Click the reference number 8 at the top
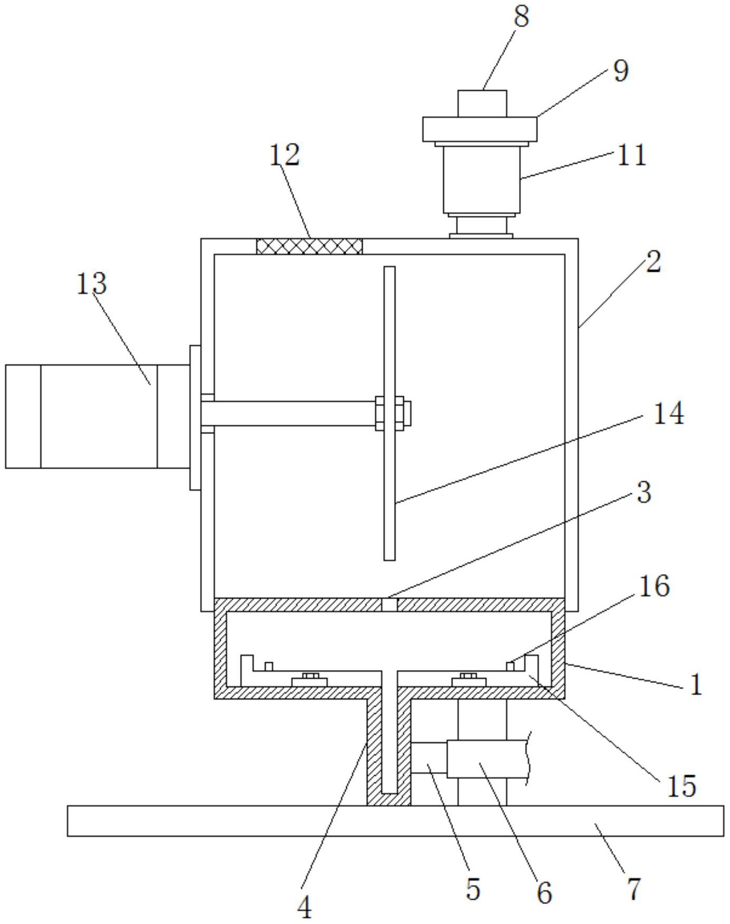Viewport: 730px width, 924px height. [x=521, y=17]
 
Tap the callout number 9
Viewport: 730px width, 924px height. [x=621, y=70]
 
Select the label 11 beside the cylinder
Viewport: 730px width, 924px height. [x=632, y=155]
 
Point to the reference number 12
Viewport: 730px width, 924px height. [x=285, y=155]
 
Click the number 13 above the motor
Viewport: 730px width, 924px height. [x=91, y=284]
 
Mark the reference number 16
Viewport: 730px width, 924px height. [x=655, y=586]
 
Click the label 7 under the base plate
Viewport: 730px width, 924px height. [x=633, y=889]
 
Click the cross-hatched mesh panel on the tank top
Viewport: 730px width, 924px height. [x=309, y=246]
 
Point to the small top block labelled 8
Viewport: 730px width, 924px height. [x=482, y=103]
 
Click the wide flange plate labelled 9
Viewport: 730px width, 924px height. [x=479, y=129]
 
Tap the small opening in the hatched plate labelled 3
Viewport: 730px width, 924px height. [x=389, y=604]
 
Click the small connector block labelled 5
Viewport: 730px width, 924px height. [x=429, y=758]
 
